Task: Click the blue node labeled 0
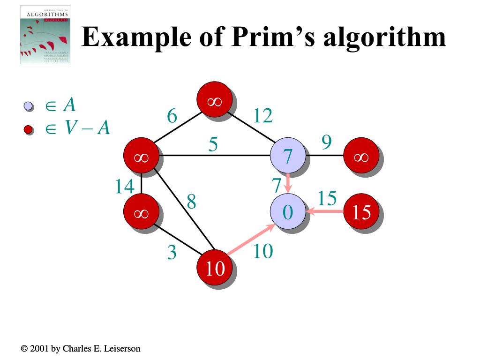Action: (x=288, y=212)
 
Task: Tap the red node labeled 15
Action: (x=361, y=212)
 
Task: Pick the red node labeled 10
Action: (x=215, y=268)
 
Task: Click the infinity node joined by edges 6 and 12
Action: (x=215, y=99)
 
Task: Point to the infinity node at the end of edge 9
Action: (x=361, y=156)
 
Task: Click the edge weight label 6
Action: (x=172, y=116)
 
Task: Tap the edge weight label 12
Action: (x=262, y=116)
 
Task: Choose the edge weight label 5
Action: (x=213, y=145)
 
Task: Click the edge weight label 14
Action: (x=125, y=187)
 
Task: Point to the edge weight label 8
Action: (x=191, y=202)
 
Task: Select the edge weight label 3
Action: (x=172, y=253)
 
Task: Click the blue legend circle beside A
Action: (x=28, y=106)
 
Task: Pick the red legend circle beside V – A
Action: (x=28, y=129)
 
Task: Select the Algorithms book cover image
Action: (x=45, y=36)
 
